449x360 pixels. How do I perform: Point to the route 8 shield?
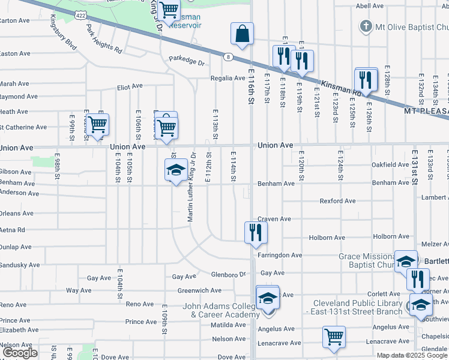click(x=229, y=57)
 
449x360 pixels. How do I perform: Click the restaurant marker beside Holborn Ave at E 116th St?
click(x=256, y=233)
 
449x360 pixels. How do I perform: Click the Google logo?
click(x=20, y=353)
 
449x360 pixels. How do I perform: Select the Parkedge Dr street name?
click(x=187, y=62)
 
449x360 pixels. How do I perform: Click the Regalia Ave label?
click(x=228, y=78)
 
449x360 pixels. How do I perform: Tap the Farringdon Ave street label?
click(x=280, y=255)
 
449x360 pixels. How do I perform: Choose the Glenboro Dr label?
click(x=229, y=274)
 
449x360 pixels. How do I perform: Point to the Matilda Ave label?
click(x=228, y=325)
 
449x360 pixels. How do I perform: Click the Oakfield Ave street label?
click(x=390, y=164)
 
